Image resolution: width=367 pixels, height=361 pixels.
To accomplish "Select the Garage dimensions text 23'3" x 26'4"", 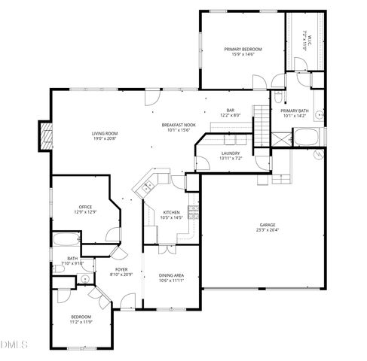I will pyautogui.click(x=268, y=230).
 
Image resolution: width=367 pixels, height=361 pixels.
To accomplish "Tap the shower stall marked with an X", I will pyautogui.click(x=280, y=139).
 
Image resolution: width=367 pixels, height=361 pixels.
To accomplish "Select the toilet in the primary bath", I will pyautogui.click(x=278, y=96).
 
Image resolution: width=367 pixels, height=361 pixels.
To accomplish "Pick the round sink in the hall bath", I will pyautogui.click(x=85, y=279).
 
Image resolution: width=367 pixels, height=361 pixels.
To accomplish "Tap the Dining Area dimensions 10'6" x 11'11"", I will pyautogui.click(x=171, y=281).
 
